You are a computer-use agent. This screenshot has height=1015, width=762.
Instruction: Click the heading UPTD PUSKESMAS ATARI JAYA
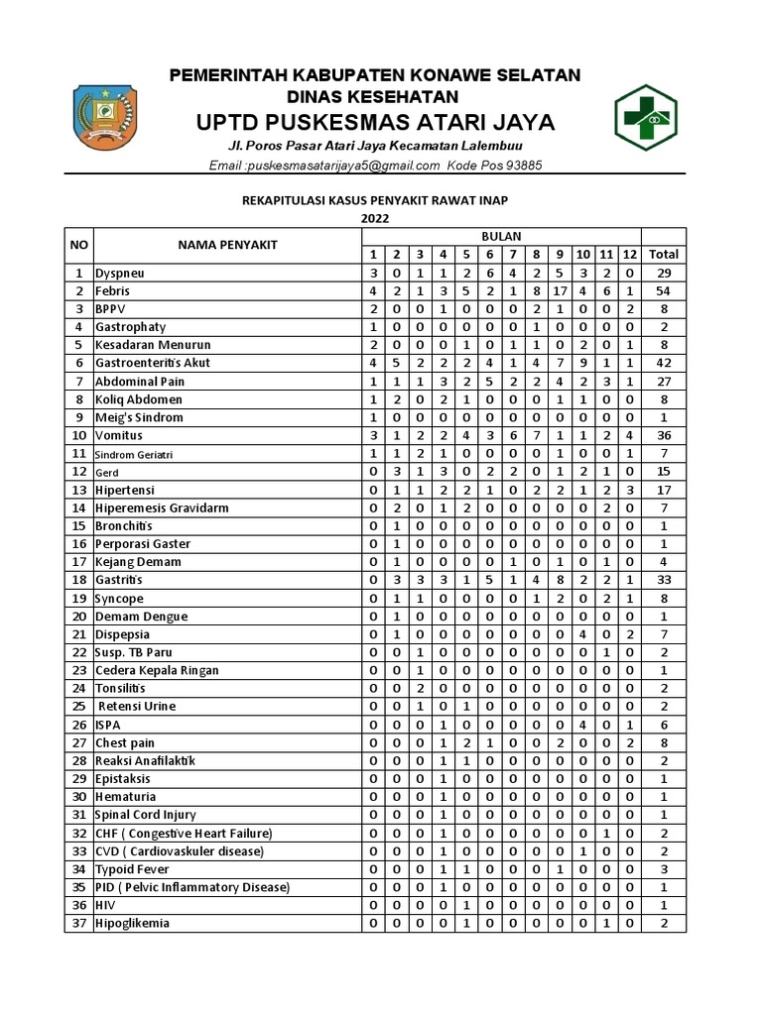pyautogui.click(x=375, y=122)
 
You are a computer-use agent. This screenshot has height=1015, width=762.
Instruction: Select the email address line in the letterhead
pyautogui.click(x=375, y=166)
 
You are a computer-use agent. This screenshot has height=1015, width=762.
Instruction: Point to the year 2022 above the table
pyautogui.click(x=375, y=218)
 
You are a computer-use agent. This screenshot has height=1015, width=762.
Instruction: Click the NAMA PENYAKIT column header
pyautogui.click(x=227, y=245)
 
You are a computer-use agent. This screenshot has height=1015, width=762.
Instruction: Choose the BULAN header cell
pyautogui.click(x=501, y=237)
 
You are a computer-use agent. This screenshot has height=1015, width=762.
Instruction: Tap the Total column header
pyautogui.click(x=663, y=255)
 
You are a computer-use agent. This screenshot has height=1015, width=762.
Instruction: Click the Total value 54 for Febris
pyautogui.click(x=663, y=291)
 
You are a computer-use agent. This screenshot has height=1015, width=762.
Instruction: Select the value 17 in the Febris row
pyautogui.click(x=561, y=291)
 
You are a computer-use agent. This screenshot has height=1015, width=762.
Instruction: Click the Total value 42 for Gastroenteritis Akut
pyautogui.click(x=663, y=363)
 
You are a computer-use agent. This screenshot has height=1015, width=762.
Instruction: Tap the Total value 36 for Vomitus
pyautogui.click(x=663, y=435)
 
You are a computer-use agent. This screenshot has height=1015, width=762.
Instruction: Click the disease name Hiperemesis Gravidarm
pyautogui.click(x=162, y=507)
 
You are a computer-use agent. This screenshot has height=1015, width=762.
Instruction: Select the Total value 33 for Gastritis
pyautogui.click(x=663, y=580)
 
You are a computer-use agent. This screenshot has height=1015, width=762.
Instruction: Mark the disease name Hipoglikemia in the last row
pyautogui.click(x=132, y=923)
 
